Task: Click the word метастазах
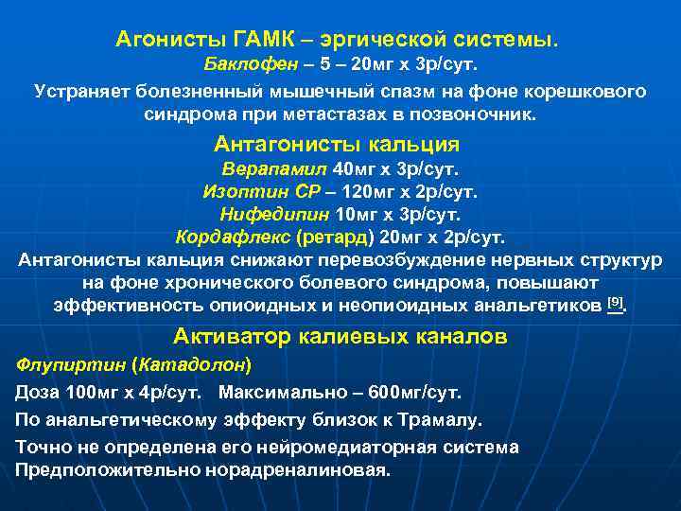pos(320,115)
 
